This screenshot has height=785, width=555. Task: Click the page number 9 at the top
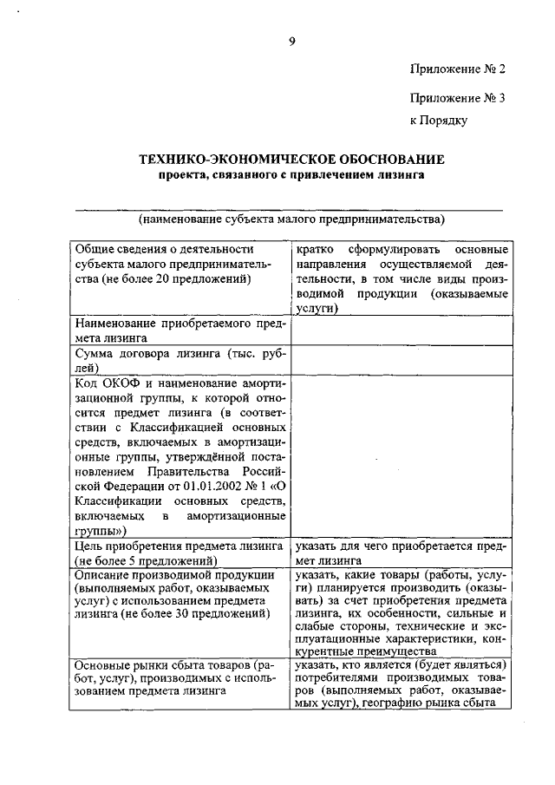pyautogui.click(x=292, y=41)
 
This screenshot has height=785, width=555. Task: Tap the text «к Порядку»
pyautogui.click(x=439, y=121)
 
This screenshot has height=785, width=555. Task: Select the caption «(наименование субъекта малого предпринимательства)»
pyautogui.click(x=291, y=219)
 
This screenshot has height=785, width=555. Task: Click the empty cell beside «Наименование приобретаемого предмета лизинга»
pyautogui.click(x=400, y=332)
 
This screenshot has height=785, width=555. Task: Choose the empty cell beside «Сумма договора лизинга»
pyautogui.click(x=400, y=361)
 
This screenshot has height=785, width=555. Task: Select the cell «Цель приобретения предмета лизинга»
pyautogui.click(x=180, y=553)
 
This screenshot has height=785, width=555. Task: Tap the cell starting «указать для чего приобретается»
pyautogui.click(x=400, y=553)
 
